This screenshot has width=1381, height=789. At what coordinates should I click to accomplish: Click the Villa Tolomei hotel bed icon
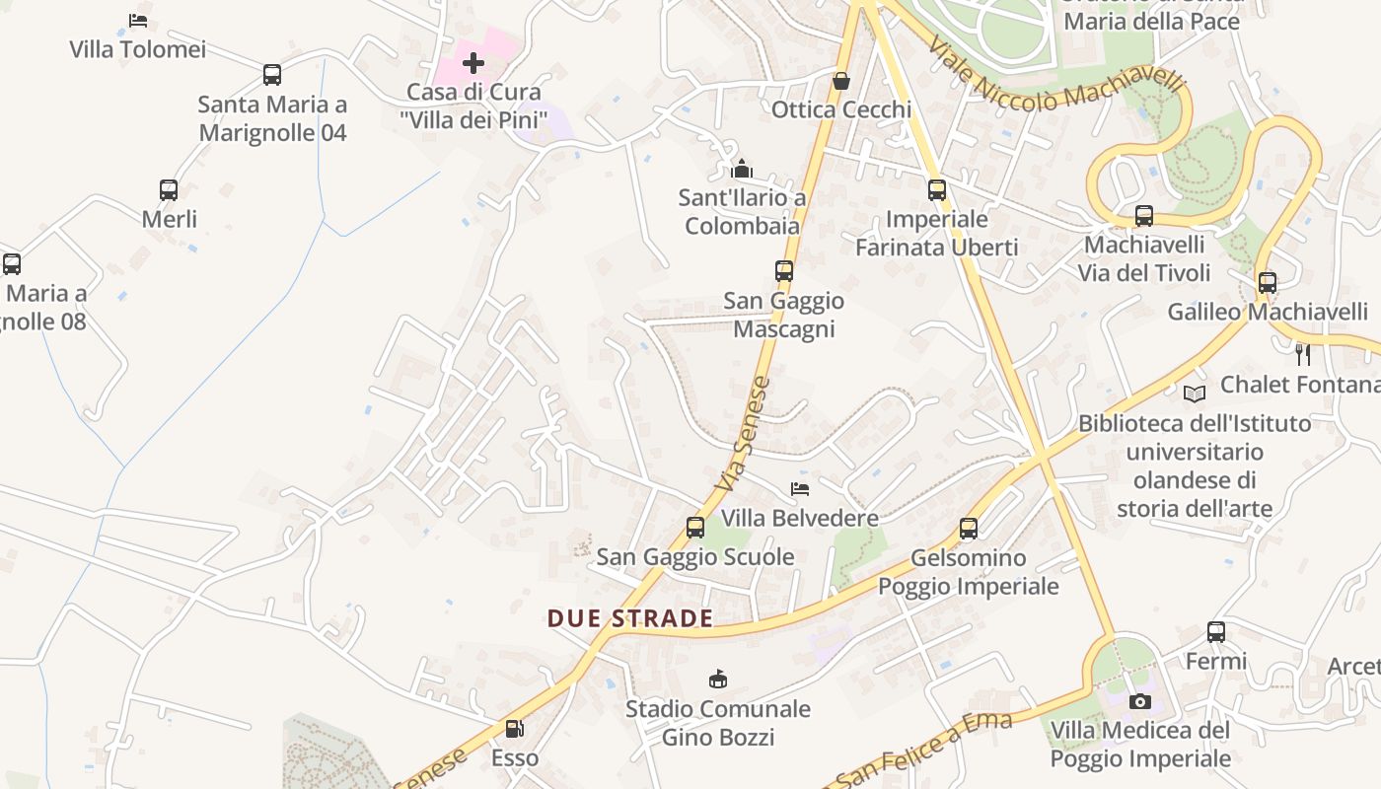pos(138,20)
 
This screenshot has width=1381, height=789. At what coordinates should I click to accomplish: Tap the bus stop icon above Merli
pos(169,189)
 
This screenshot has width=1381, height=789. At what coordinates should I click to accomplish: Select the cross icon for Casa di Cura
pos(473,64)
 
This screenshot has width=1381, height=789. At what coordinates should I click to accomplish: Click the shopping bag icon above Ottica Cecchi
pos(841,81)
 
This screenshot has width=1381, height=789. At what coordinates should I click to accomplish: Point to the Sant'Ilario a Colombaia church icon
pos(743,169)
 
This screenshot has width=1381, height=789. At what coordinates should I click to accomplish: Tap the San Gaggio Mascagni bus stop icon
pos(784,270)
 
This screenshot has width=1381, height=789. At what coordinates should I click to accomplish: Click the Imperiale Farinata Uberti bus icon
pos(937,189)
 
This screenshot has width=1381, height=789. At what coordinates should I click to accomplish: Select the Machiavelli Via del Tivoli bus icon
pos(1144,215)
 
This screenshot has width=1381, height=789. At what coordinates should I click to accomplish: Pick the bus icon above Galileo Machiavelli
pos(1268,283)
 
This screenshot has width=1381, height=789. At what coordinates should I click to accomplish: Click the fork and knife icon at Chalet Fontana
pos(1303,355)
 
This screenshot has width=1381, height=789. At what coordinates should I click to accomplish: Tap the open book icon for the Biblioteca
pos(1195,394)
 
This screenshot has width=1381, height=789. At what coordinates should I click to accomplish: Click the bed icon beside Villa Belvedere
pos(800,488)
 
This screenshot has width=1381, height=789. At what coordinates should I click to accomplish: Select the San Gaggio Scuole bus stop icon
pos(695,528)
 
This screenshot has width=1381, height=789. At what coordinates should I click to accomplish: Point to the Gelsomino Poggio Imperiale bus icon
pos(969,529)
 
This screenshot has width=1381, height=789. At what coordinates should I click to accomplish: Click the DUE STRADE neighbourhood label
pos(630,618)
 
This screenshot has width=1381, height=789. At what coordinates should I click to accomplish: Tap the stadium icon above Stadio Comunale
pos(718,679)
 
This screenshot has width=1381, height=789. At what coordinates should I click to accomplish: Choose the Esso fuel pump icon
pos(514,729)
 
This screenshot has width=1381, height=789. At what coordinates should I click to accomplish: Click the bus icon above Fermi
pos(1216,632)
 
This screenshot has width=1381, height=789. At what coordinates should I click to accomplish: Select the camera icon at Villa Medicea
pos(1140,701)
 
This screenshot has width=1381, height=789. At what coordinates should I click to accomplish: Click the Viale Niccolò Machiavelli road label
pos(1055,79)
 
